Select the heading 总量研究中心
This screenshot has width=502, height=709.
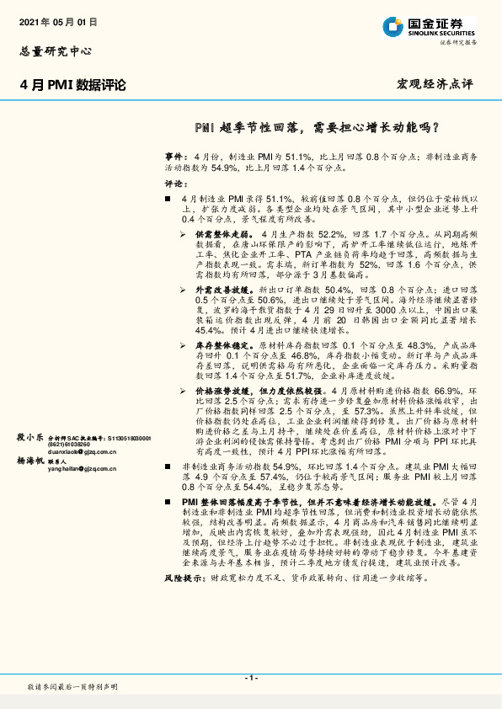(56, 51)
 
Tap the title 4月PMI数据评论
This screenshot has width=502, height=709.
(72, 84)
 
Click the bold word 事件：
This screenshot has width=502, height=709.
(175, 157)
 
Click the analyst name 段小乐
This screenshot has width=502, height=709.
(30, 438)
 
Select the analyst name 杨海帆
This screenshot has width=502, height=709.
(30, 461)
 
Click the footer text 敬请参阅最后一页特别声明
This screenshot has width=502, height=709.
(72, 687)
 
